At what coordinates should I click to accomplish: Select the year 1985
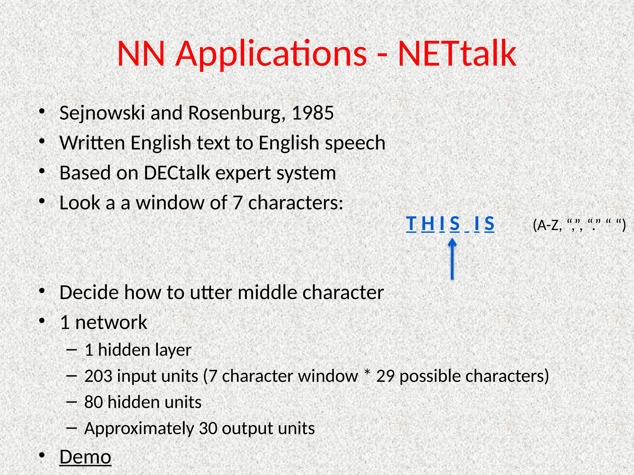click(313, 113)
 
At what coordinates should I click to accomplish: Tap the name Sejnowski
click(102, 113)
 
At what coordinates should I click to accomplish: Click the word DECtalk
click(177, 173)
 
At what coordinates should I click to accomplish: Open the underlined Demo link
click(85, 457)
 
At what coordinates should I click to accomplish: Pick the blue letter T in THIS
click(411, 223)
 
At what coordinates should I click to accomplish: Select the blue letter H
click(428, 223)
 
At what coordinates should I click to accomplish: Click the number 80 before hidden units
click(93, 402)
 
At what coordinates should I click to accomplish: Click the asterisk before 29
click(367, 373)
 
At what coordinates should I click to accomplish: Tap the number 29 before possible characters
click(385, 376)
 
